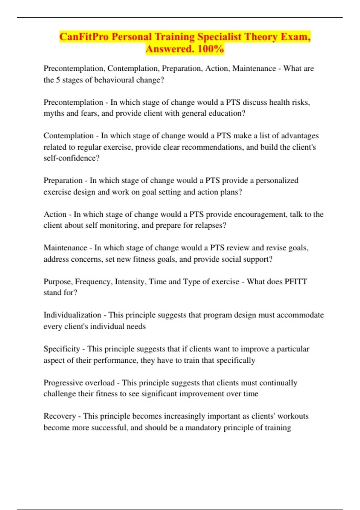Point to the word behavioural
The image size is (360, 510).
click(x=114, y=80)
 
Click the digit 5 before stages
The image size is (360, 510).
click(x=58, y=80)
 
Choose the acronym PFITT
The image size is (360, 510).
click(x=296, y=282)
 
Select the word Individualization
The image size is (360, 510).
click(x=72, y=315)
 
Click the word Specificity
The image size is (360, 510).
click(x=62, y=349)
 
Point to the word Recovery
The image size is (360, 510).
click(x=59, y=416)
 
